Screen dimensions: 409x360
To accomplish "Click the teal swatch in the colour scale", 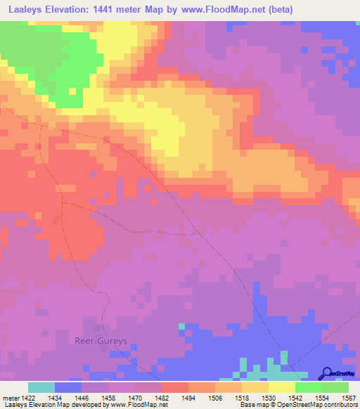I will coord(41,387).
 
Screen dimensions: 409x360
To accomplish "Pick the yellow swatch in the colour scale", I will coord(281,387).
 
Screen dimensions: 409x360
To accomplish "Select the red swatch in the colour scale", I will coord(174,387).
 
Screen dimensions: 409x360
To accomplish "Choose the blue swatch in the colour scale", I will coord(67,387).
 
